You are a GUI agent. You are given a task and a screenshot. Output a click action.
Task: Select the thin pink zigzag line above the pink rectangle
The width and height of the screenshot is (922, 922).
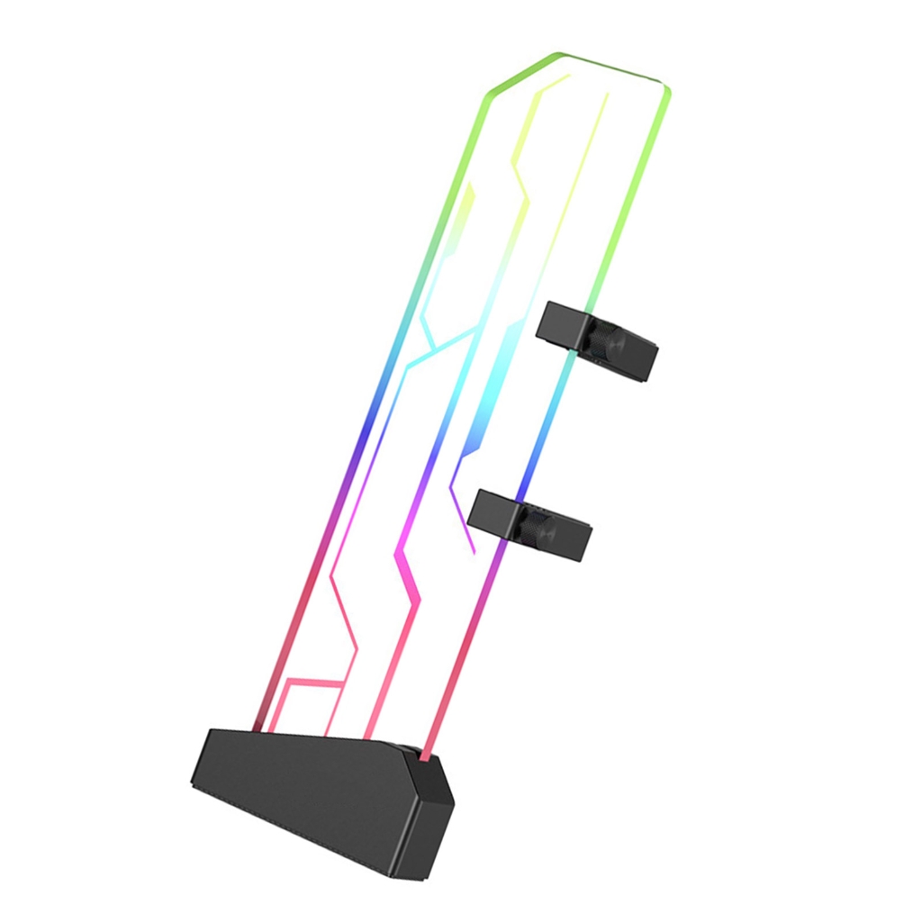pos(347,612)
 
